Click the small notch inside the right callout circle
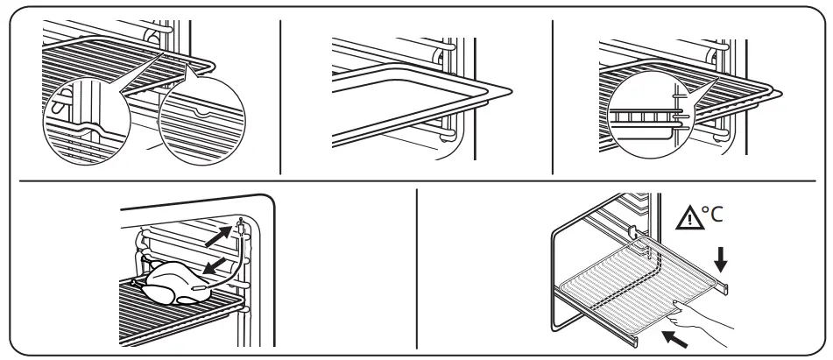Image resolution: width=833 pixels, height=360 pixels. tap(202, 112)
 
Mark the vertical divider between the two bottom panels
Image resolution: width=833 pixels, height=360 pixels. tap(416, 271)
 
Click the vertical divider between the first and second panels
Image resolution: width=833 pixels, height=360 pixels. tap(280, 93)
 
